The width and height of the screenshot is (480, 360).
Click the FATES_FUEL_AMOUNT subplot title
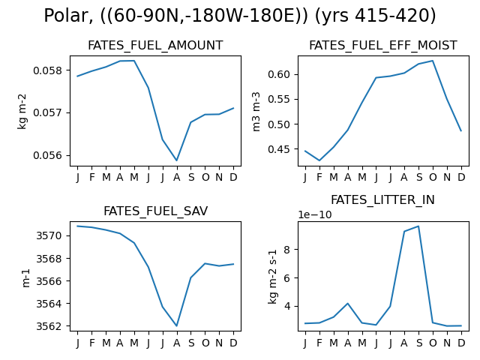point(155,46)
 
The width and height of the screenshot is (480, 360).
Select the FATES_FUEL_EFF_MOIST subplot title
point(383,46)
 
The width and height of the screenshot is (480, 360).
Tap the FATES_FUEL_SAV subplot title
point(155,211)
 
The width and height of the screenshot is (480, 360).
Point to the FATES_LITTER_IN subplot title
point(382,200)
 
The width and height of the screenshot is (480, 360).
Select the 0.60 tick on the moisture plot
point(279,74)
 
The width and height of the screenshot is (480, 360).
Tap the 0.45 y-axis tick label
point(279,149)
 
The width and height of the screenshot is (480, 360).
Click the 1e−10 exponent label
point(315,215)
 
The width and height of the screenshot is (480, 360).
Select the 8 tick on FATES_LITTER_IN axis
point(286,250)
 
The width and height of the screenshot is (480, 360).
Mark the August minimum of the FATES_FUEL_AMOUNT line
point(177,160)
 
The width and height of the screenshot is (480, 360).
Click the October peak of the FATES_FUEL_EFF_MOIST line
point(433,61)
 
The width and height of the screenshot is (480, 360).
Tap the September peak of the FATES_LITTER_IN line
point(418,226)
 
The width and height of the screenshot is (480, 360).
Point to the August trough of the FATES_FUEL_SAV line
point(177,325)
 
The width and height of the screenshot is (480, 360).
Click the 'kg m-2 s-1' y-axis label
point(272,277)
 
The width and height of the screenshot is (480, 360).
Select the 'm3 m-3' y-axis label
point(256,112)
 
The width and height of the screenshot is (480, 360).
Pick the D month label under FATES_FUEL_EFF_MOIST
point(461,177)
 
